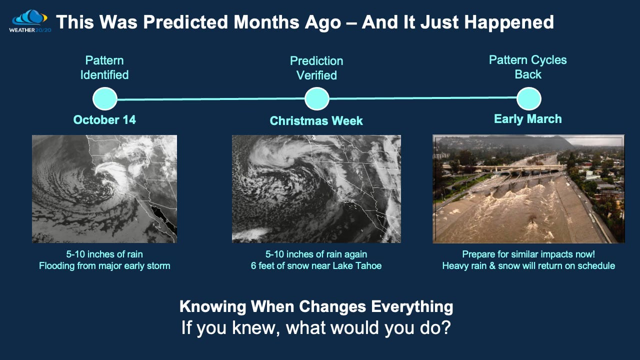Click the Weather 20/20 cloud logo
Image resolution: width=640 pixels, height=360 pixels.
[28, 19]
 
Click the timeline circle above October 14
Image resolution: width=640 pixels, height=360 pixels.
[104, 99]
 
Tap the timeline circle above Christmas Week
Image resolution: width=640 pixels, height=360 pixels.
[316, 99]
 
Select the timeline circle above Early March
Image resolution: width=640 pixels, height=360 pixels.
[528, 98]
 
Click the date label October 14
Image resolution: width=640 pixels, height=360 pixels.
[104, 120]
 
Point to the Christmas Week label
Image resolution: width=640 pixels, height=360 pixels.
[316, 121]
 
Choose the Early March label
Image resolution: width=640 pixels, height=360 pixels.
[527, 119]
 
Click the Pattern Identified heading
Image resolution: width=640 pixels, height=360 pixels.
[104, 67]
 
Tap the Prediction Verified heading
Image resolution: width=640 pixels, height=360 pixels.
[316, 68]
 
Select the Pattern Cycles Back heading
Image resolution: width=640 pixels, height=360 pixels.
[527, 67]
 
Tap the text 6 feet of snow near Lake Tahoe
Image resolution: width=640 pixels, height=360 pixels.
[316, 266]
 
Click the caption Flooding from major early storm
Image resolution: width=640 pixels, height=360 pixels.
[104, 266]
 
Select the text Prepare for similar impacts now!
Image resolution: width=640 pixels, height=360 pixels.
[528, 254]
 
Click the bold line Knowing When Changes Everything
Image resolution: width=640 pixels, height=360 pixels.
[316, 306]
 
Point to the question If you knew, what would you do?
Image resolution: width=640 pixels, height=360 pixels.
[316, 328]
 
